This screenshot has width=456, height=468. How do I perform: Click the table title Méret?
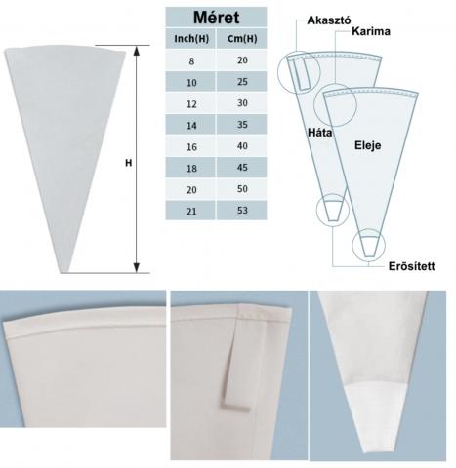click(216, 18)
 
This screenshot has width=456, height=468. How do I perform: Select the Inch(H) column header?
click(191, 39)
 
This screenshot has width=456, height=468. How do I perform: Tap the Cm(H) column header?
click(242, 39)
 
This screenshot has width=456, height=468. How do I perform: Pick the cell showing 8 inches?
click(191, 60)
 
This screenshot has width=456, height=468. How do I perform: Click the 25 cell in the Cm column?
click(242, 82)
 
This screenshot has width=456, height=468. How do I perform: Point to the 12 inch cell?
click(191, 104)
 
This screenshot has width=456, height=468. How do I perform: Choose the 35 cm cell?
click(242, 125)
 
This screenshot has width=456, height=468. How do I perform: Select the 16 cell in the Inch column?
click(191, 147)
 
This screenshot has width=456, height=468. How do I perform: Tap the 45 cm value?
click(242, 168)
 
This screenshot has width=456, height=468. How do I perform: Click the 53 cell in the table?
click(242, 211)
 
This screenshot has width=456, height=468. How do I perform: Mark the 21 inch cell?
click(191, 212)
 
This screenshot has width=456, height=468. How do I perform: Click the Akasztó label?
click(329, 20)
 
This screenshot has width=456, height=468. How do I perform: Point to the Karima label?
click(371, 31)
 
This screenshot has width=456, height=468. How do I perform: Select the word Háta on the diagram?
click(320, 133)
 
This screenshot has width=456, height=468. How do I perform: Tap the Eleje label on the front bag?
click(367, 145)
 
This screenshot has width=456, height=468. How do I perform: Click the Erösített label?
click(411, 266)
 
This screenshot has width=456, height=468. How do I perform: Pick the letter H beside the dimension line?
click(129, 163)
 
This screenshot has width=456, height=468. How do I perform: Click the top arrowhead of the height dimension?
click(137, 51)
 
